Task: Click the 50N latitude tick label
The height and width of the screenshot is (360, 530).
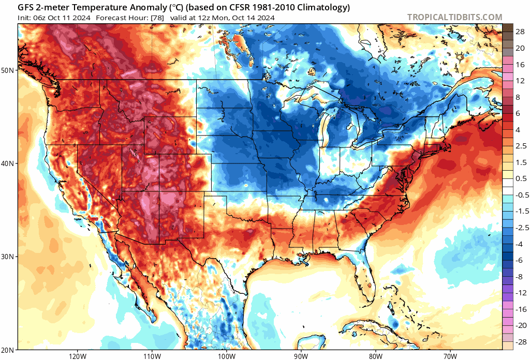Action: click(8, 70)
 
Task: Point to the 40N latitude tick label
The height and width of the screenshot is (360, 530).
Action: click(8, 163)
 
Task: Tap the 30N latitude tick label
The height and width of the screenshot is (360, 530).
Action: click(8, 257)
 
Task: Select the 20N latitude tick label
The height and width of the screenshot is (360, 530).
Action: click(8, 350)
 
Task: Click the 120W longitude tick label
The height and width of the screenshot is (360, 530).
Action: click(78, 356)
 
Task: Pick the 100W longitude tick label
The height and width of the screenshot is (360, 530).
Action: click(227, 356)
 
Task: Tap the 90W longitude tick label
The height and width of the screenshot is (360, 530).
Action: click(301, 356)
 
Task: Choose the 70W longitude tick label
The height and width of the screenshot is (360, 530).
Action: click(450, 356)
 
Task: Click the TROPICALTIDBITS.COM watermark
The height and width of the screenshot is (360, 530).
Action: click(454, 17)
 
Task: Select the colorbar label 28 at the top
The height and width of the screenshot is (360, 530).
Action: click(520, 32)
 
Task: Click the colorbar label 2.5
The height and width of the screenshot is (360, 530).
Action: click(521, 146)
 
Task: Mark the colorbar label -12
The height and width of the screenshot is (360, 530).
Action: click(521, 293)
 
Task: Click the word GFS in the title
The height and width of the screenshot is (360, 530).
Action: click(25, 7)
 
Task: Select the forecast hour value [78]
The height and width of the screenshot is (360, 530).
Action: click(157, 18)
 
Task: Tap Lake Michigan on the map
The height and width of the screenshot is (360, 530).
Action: click(324, 128)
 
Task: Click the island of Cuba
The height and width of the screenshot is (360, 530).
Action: click(369, 329)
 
